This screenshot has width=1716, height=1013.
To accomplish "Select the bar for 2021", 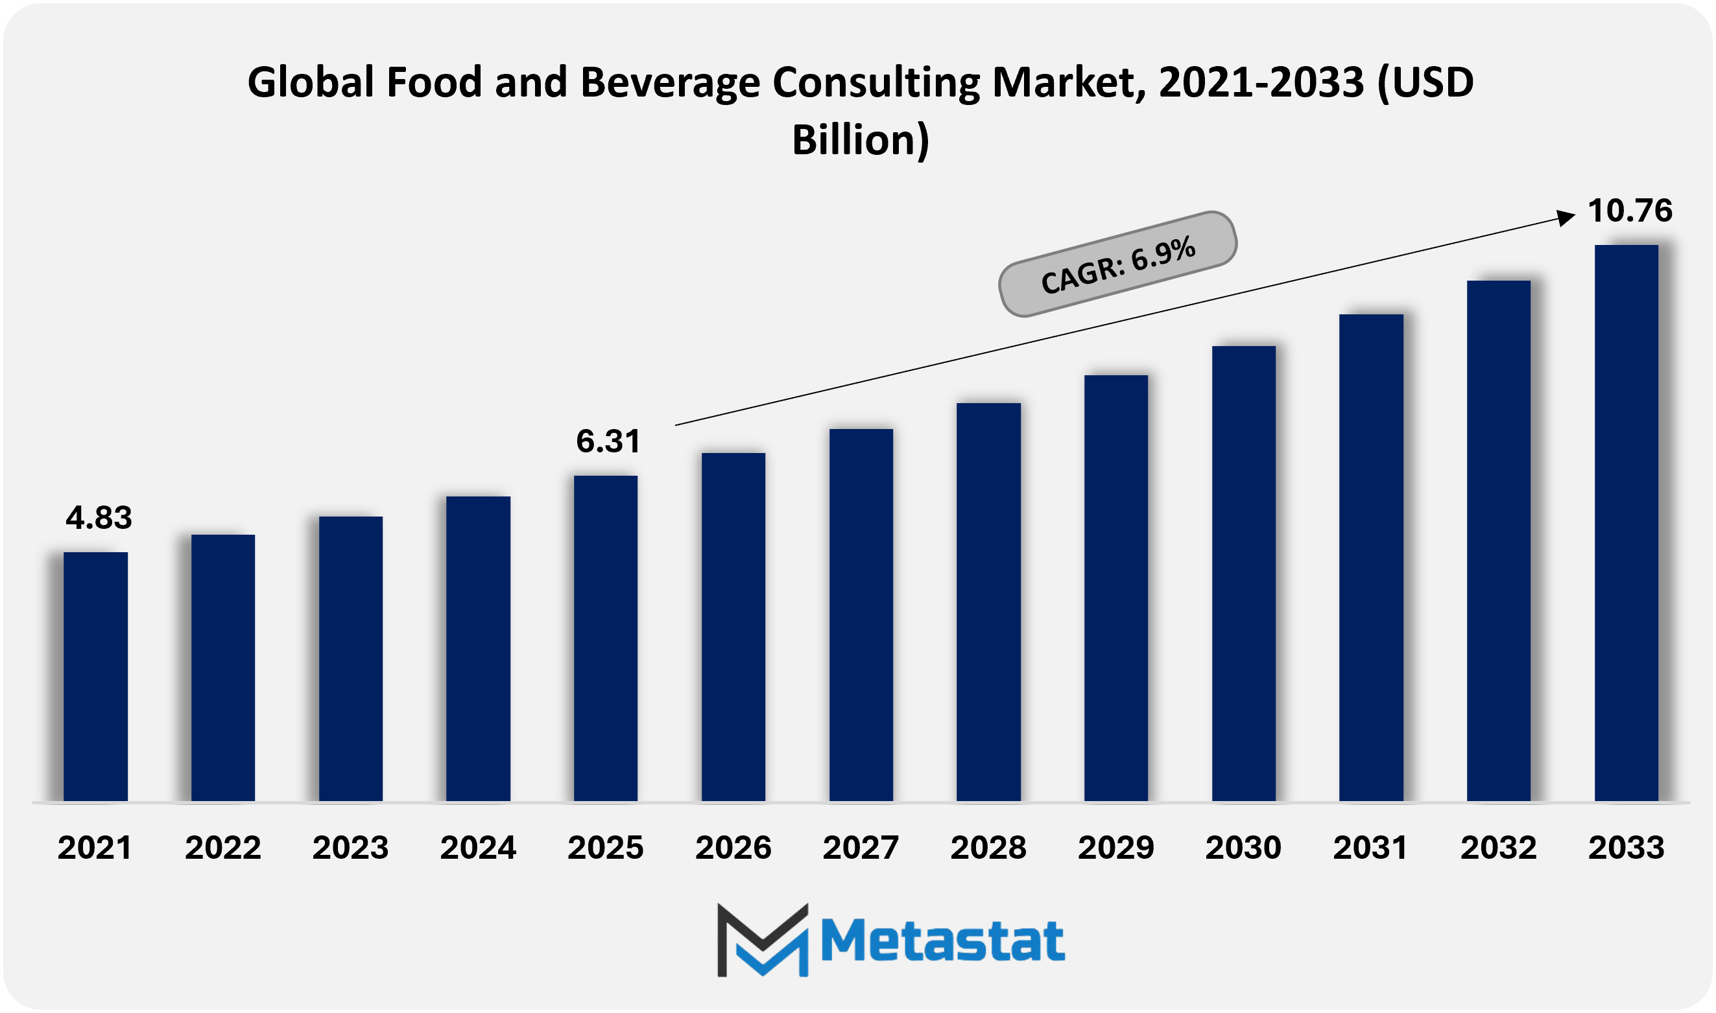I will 95,676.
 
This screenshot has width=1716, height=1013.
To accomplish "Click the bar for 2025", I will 606,638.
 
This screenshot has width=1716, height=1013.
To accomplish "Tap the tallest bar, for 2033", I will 1626,522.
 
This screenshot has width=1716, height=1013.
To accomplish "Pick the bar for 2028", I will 988,601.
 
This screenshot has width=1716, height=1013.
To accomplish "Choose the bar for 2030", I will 1243,573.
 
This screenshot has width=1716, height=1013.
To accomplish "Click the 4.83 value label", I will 99,518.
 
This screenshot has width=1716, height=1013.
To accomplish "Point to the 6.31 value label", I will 608,441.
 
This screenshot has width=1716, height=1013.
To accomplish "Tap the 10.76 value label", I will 1630,210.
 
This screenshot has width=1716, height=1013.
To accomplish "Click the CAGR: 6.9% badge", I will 1118,264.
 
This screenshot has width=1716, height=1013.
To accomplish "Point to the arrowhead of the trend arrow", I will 1565,218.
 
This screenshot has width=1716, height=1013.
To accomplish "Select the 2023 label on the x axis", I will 350,848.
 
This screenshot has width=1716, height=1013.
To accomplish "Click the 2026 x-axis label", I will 733,848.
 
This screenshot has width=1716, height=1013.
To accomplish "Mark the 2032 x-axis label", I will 1498,848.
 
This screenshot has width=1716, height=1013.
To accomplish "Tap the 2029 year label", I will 1115,848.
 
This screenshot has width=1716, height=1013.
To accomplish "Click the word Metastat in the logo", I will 942,941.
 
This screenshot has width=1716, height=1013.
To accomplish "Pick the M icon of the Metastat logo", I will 762,940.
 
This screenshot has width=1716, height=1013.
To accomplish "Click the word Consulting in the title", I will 876,82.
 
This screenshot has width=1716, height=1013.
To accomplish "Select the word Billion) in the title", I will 861,140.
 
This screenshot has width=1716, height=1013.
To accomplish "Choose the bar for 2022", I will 222,667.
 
